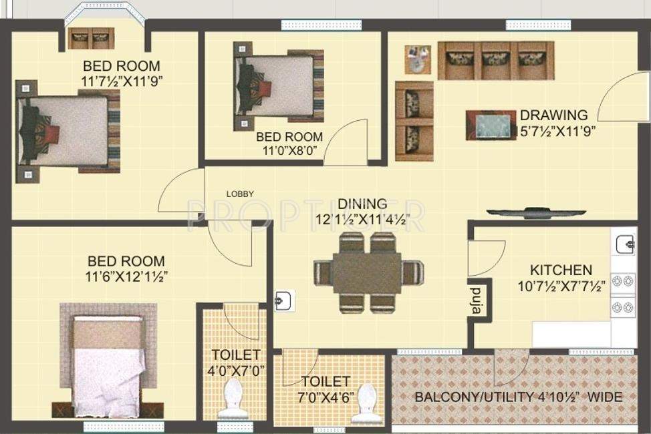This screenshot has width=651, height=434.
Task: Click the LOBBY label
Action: pos(240,194)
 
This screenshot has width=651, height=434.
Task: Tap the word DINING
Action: pos(362,204)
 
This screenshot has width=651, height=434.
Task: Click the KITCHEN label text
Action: pos(561,270)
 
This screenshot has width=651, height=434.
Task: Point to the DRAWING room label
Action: pos(554,115)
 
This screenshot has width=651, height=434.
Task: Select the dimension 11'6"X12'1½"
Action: pos(126,276)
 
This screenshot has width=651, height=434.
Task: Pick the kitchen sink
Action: pos(624,245)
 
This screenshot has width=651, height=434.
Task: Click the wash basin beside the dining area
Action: pos(283,301)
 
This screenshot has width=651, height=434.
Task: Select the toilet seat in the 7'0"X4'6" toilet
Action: pos(366,403)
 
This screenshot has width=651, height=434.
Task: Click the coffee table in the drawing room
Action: pos(491,126)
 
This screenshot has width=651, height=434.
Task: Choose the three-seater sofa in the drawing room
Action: pos(496,61)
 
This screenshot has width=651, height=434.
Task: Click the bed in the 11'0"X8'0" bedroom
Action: pos(279,86)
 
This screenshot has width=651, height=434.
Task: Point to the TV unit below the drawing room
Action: pos(528,214)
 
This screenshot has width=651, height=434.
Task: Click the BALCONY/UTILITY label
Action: pos(518,397)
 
